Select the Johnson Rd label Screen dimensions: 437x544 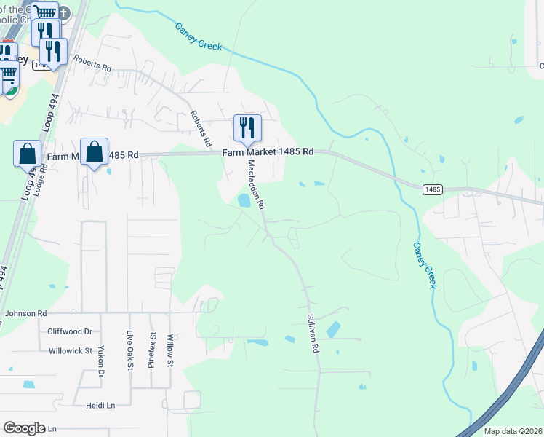(x=26, y=313)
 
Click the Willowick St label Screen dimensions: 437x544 (x=70, y=350)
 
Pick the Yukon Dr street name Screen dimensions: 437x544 (x=102, y=361)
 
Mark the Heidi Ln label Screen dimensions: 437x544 (x=100, y=405)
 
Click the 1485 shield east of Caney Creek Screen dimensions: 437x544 (x=432, y=189)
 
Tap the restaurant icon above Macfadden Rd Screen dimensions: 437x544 (x=247, y=128)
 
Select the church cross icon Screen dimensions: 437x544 (x=64, y=13)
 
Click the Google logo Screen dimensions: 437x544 (x=24, y=428)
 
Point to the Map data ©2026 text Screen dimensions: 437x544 (x=513, y=431)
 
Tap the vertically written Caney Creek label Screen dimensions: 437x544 (x=425, y=265)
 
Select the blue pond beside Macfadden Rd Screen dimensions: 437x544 (x=244, y=200)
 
